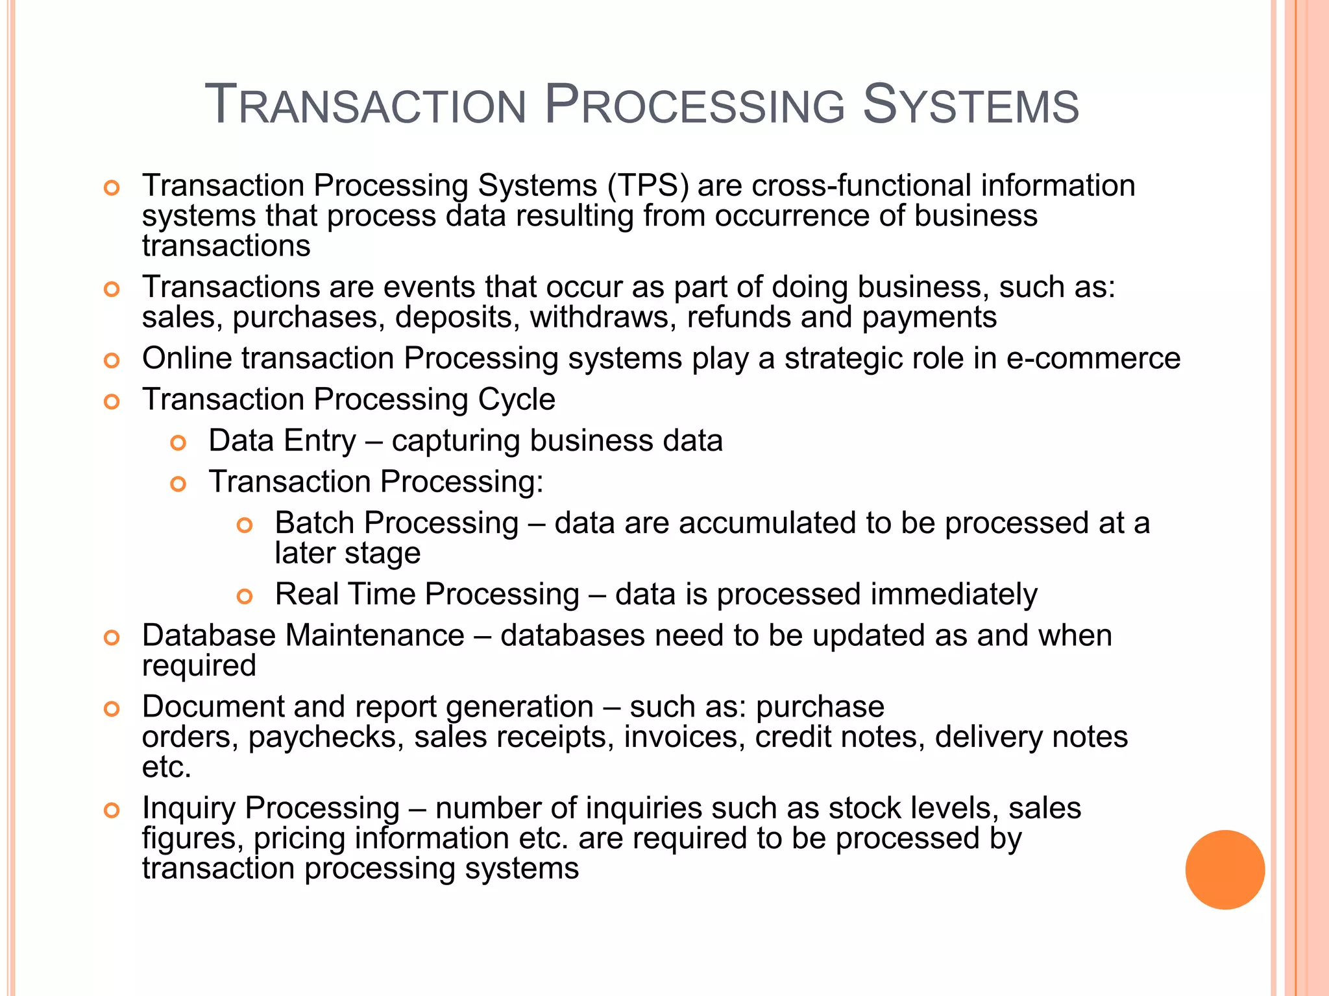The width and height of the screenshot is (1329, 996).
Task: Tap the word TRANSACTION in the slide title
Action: [365, 105]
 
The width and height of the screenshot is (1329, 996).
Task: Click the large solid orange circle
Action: [1225, 870]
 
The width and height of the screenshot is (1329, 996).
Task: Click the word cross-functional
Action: [862, 186]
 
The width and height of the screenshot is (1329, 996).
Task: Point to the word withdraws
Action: [603, 318]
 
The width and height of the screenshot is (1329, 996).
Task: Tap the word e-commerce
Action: [1093, 359]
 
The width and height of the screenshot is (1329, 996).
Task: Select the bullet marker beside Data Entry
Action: [178, 443]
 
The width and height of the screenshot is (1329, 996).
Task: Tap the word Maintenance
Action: [374, 635]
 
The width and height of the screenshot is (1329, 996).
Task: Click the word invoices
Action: [685, 737]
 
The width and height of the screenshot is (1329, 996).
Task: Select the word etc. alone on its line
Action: [167, 768]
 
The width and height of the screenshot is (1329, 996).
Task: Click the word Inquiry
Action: [189, 809]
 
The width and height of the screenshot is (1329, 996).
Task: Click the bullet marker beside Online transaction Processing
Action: [112, 361]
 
